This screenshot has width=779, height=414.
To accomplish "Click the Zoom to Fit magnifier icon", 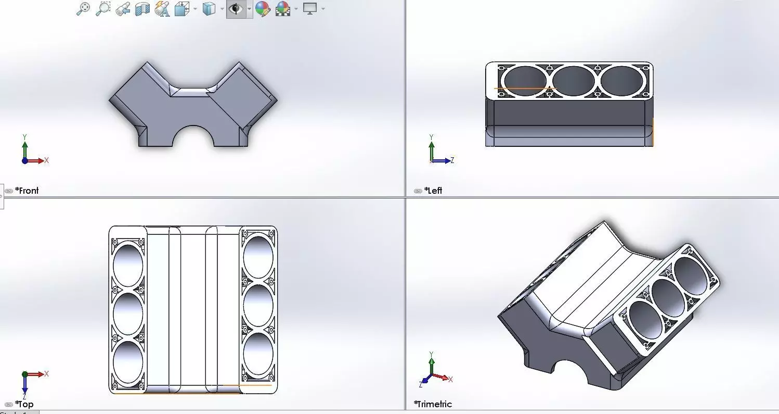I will pos(83,9).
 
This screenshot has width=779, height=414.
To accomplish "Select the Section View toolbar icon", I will pos(142,9).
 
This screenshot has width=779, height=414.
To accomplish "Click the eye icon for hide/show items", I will pos(236,9).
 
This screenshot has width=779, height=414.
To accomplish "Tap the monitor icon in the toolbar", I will pos(310,9).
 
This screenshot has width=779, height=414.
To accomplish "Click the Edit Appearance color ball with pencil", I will pos(263,9).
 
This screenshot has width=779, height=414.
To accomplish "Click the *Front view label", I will pos(27,191).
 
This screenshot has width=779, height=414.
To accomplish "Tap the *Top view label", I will pos(24,404).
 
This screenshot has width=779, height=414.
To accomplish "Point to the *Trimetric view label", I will pos(433,404).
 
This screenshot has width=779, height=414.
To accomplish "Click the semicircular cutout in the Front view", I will pos(193,138).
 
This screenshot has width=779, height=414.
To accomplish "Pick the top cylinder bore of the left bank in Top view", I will pos(127,264).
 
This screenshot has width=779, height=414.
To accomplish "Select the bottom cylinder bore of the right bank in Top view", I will pos(258,355).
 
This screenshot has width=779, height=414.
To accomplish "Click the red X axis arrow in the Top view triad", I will pos(37,374).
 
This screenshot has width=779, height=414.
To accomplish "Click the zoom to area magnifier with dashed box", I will pos(103,9).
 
